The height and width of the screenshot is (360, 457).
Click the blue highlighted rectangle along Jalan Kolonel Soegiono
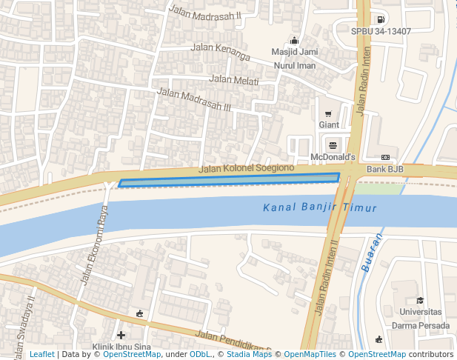click(x=230, y=180)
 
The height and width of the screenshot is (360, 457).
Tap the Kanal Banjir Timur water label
click(x=320, y=208)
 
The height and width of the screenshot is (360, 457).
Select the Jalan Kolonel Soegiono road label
click(x=247, y=169)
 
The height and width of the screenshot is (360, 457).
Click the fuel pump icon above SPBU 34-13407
click(x=380, y=19)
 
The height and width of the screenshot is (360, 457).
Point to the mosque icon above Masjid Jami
click(x=295, y=41)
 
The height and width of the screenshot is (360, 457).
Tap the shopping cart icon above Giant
click(x=328, y=114)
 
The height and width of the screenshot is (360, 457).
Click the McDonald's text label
click(x=333, y=158)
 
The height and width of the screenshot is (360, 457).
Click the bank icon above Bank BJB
click(x=385, y=158)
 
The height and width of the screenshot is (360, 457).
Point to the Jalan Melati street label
click(x=234, y=80)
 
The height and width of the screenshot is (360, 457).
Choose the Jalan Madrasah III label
click(x=194, y=100)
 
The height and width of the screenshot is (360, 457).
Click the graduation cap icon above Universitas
click(x=420, y=300)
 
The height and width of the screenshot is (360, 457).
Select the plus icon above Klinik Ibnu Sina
click(x=121, y=335)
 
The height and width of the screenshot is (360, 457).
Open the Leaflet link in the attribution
click(x=41, y=355)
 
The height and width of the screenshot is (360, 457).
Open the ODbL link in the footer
click(x=200, y=355)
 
